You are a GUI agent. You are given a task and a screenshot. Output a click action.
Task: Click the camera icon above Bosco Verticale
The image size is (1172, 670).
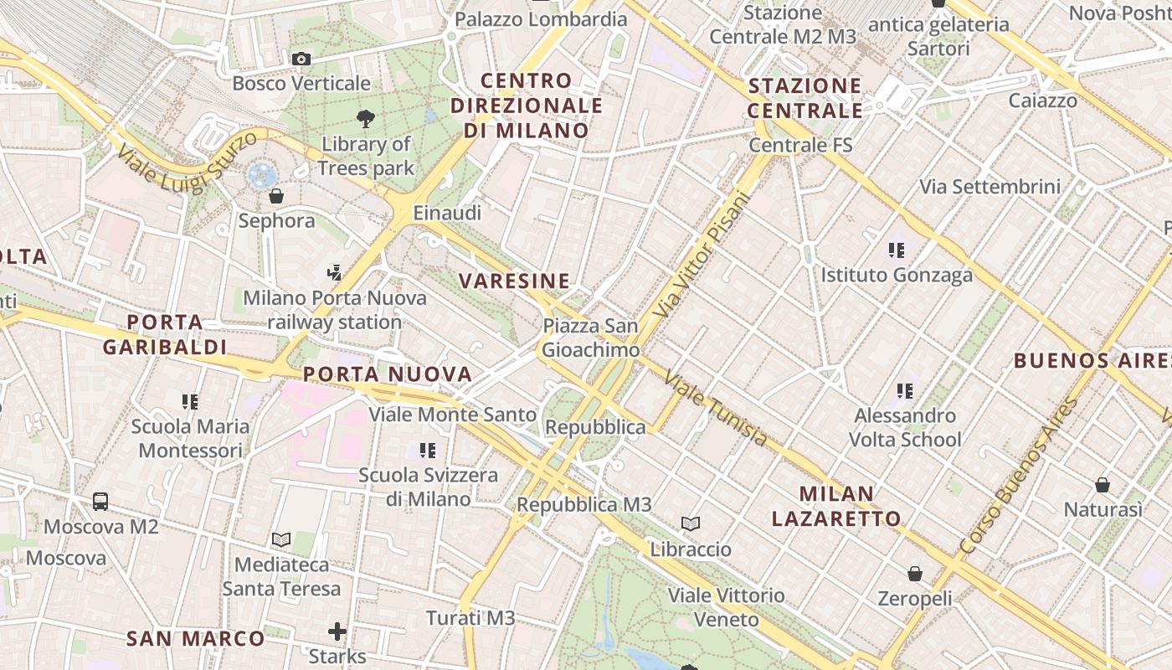[301, 59]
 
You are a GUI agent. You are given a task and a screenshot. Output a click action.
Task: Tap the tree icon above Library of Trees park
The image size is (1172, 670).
[366, 118]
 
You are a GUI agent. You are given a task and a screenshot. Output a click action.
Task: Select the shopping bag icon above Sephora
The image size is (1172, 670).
[276, 197]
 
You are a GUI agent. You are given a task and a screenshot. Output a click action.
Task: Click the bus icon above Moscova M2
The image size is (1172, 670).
[100, 502]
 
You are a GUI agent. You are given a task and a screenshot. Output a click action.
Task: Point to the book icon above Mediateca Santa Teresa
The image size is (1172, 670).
[281, 540]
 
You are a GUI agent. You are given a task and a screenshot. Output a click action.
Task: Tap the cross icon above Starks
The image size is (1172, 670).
[337, 631]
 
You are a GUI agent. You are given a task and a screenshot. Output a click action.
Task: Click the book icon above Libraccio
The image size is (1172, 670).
[691, 524]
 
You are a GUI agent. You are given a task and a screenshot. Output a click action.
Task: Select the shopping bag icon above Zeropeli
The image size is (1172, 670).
[915, 574]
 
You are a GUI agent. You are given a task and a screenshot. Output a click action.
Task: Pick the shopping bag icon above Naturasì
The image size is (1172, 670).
[1103, 485]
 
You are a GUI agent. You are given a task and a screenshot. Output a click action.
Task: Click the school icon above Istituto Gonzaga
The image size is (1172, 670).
[897, 250]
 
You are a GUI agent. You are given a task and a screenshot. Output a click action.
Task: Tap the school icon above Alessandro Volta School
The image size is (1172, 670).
[904, 390]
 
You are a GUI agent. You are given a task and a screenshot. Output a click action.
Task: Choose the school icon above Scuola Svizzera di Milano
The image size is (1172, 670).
[428, 451]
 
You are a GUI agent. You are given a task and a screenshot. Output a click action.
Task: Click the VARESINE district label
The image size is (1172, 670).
[515, 281]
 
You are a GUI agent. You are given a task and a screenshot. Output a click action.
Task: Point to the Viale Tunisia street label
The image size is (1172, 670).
[716, 409]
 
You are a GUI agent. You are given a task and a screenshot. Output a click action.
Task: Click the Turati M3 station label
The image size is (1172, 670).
[470, 618]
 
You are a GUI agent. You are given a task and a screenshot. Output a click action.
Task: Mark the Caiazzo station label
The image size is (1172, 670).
[1043, 100]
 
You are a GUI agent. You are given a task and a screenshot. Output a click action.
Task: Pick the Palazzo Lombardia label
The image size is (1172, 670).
[541, 18]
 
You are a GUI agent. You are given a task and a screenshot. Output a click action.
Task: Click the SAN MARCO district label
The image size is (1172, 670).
[195, 638]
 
